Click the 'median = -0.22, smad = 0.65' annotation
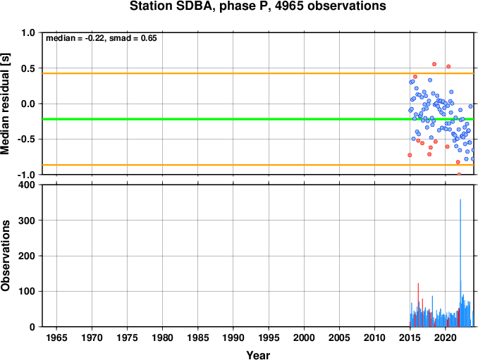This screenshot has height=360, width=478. [x=102, y=38]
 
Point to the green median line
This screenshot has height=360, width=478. [x=258, y=119]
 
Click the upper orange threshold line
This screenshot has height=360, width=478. [x=258, y=73]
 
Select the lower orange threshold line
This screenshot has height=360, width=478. [x=258, y=165]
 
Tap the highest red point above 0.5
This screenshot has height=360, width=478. [x=434, y=64]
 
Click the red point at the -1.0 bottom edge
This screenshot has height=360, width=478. [x=459, y=174]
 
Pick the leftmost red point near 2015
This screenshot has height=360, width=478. [x=410, y=155]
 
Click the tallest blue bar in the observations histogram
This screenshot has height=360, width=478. [x=460, y=263]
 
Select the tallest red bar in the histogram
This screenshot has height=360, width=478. [x=418, y=305]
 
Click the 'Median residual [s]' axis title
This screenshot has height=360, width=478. [x=5, y=104]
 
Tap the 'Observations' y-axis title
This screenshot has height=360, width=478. [x=5, y=256]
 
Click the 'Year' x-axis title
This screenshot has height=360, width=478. [x=258, y=355]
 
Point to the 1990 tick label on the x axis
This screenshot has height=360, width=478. [x=233, y=337]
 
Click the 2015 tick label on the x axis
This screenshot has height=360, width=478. [x=410, y=337]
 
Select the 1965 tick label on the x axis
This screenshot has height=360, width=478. [x=56, y=337]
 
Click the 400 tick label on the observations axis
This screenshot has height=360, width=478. [x=27, y=185]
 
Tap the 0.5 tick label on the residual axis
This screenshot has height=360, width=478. [x=28, y=68]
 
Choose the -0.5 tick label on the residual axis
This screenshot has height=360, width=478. [x=27, y=139]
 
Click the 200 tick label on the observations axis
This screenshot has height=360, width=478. [x=27, y=256]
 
